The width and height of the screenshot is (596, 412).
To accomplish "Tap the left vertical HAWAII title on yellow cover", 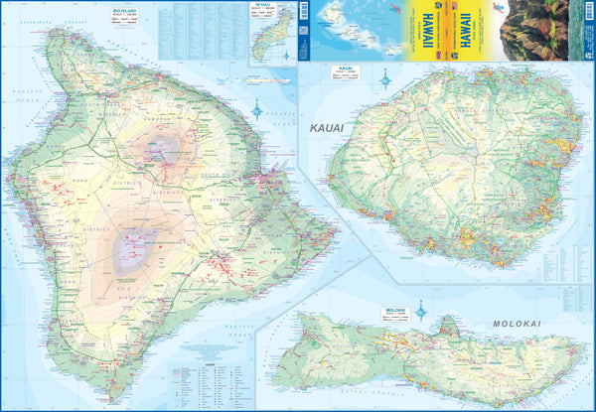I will (438, 30).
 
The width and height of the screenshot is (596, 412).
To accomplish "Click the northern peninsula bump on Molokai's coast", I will (450, 329).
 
